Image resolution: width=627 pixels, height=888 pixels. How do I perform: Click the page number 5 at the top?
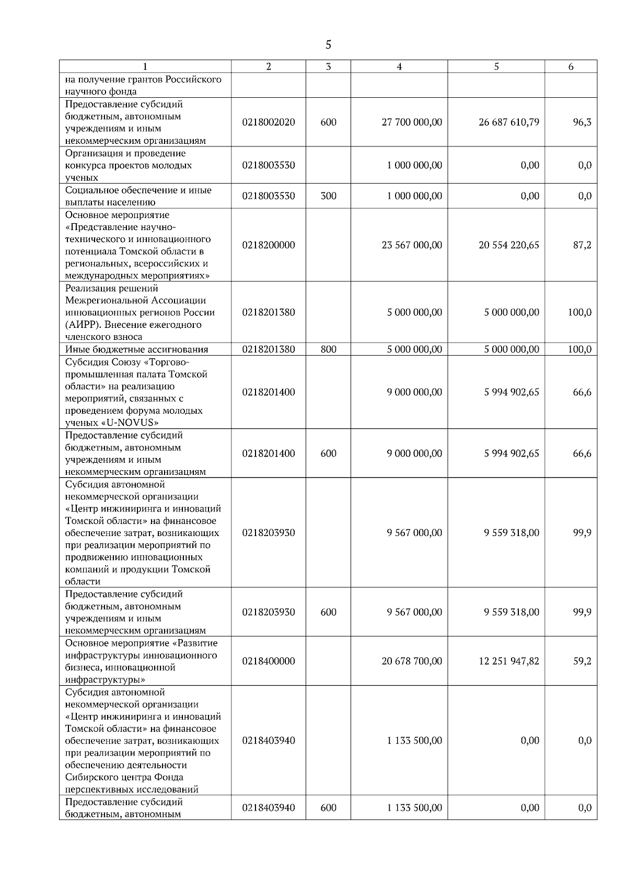pyautogui.click(x=328, y=45)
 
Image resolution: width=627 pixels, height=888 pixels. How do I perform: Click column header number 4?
pyautogui.click(x=399, y=66)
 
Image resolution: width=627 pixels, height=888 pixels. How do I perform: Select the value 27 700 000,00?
pyautogui.click(x=412, y=122)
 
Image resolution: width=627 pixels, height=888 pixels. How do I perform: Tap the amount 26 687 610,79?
pyautogui.click(x=509, y=122)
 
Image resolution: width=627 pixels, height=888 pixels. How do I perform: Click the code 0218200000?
pyautogui.click(x=269, y=245)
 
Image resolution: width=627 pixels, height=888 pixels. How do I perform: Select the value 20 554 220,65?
pyautogui.click(x=509, y=245)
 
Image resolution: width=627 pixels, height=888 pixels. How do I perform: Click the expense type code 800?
pyautogui.click(x=328, y=349)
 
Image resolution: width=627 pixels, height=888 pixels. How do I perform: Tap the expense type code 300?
pyautogui.click(x=328, y=196)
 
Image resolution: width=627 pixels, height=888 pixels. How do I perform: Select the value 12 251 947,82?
pyautogui.click(x=509, y=661)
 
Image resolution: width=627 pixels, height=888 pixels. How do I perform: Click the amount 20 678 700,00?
pyautogui.click(x=412, y=661)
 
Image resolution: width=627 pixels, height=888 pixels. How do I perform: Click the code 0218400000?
pyautogui.click(x=269, y=661)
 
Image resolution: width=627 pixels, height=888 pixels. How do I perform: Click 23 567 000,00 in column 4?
pyautogui.click(x=412, y=245)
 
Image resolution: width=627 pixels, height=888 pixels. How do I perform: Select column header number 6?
pyautogui.click(x=571, y=66)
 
